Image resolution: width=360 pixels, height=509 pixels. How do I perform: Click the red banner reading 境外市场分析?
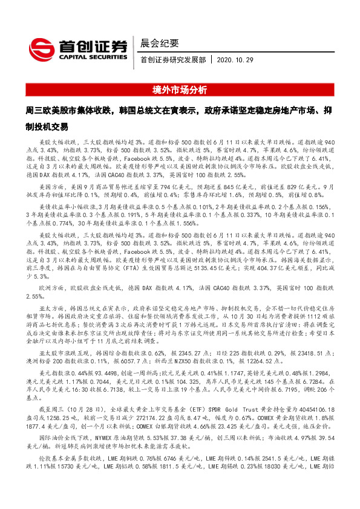180,91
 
